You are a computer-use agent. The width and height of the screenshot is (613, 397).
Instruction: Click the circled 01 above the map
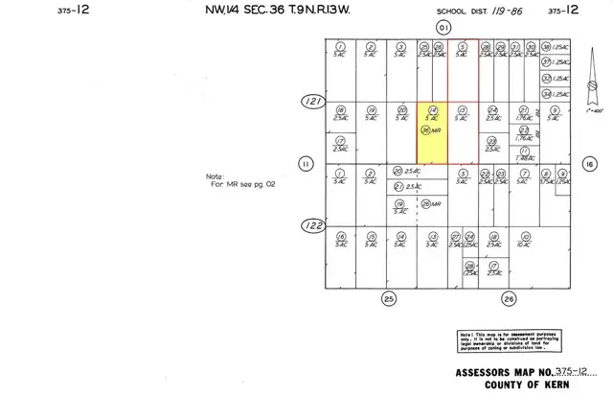click(442, 29)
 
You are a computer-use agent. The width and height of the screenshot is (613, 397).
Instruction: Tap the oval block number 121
click(309, 99)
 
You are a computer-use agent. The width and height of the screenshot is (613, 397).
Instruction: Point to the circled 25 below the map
click(389, 298)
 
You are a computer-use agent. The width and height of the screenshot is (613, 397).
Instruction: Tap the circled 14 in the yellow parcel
click(433, 109)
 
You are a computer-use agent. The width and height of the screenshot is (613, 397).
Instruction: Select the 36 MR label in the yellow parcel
click(432, 129)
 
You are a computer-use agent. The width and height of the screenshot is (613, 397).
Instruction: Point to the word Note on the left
click(214, 176)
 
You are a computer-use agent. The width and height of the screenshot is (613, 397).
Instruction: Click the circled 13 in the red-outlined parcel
click(463, 109)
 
